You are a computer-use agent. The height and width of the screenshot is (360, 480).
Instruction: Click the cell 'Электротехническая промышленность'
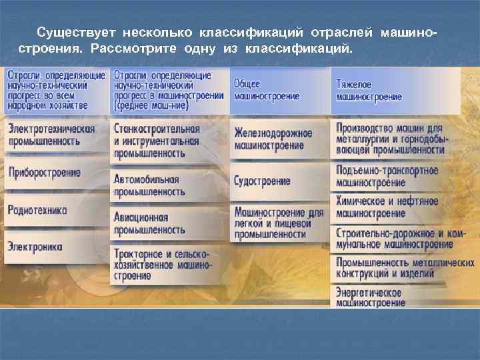click(x=52, y=135)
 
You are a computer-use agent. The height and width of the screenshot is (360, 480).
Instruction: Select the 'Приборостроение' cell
click(x=45, y=173)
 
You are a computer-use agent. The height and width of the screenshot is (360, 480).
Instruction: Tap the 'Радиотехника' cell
click(x=38, y=210)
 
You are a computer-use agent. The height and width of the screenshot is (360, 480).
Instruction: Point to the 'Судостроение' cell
click(x=262, y=181)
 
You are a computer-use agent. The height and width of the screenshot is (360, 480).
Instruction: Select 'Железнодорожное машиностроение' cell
click(x=273, y=139)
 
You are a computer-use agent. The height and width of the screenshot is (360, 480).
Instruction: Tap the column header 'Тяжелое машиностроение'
click(x=369, y=91)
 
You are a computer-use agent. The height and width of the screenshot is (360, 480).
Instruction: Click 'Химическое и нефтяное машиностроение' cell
click(x=387, y=207)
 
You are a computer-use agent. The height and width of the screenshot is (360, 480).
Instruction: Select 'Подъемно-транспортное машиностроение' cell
click(x=387, y=177)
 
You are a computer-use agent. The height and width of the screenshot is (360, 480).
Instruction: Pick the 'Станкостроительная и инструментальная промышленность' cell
click(x=157, y=140)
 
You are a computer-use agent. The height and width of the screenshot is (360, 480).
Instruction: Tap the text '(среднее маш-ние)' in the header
click(x=151, y=105)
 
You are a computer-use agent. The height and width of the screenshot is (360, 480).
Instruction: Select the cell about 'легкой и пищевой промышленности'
click(x=278, y=223)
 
